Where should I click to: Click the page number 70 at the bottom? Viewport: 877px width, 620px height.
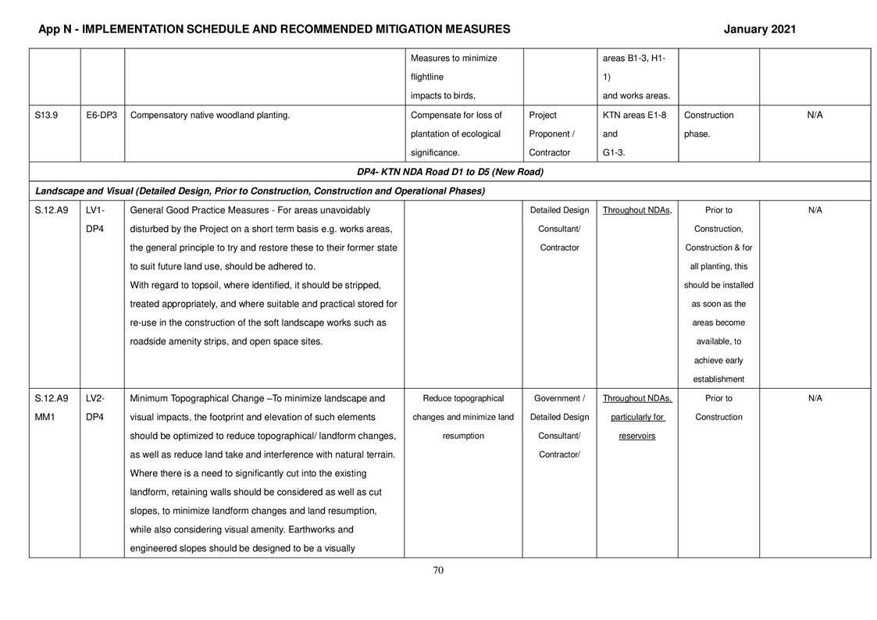tap(438, 570)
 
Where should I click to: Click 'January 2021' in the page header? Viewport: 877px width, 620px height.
tap(759, 30)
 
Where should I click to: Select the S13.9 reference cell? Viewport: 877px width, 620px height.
tap(46, 116)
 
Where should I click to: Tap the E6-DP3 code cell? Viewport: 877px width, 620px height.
tap(102, 116)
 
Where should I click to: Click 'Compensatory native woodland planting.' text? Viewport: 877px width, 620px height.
tap(210, 116)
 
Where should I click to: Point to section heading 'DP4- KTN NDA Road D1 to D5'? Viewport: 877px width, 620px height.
tap(450, 172)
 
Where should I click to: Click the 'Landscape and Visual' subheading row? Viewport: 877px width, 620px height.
tap(260, 191)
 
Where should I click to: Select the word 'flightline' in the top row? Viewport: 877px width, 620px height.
tap(427, 77)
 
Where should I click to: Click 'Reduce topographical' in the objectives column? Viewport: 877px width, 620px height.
tap(463, 398)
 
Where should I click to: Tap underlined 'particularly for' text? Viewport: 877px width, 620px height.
tap(637, 417)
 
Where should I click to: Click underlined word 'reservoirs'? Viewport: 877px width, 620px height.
tap(636, 436)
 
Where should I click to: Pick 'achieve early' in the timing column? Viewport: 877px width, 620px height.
tap(718, 361)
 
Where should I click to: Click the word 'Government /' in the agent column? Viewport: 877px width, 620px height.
tap(559, 398)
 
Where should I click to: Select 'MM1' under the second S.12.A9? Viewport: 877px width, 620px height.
tap(46, 417)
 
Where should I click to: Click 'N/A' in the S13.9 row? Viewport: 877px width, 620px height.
tap(815, 116)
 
